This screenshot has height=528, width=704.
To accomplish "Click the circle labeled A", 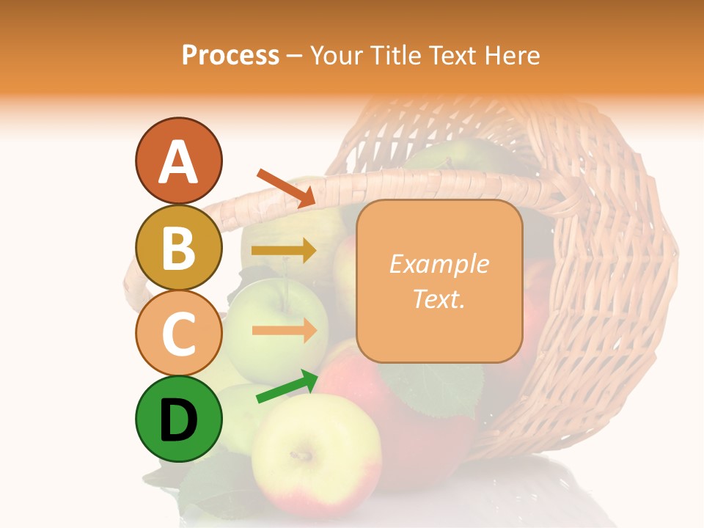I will [x=178, y=161].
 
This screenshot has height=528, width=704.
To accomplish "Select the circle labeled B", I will [x=178, y=248].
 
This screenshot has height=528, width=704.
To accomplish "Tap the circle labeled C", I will [x=178, y=334].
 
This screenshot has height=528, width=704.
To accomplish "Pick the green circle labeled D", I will [x=178, y=419].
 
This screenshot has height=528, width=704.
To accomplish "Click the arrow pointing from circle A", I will [x=286, y=188].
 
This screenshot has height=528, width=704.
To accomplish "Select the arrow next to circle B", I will [x=284, y=251].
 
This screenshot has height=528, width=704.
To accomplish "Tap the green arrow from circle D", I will [x=287, y=386].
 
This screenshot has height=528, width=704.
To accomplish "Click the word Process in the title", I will [x=230, y=55].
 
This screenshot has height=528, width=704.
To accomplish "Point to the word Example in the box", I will [x=439, y=264].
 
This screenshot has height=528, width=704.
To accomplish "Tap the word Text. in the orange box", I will [x=439, y=298].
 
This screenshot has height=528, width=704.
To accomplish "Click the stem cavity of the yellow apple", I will [x=301, y=455].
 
